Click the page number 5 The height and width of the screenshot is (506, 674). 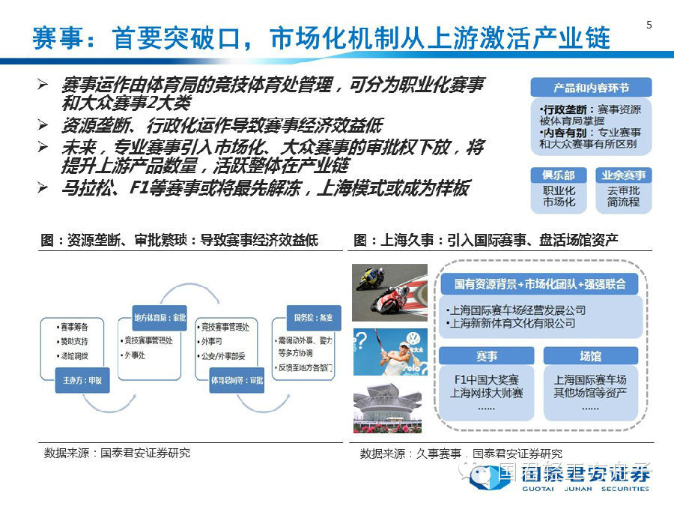point(649,25)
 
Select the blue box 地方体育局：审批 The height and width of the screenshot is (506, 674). point(160,317)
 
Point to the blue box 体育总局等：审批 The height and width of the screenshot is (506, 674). point(236,381)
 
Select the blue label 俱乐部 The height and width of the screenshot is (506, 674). point(559,175)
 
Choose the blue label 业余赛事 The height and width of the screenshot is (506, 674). point(623,175)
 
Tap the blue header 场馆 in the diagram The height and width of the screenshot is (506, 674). point(590,356)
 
